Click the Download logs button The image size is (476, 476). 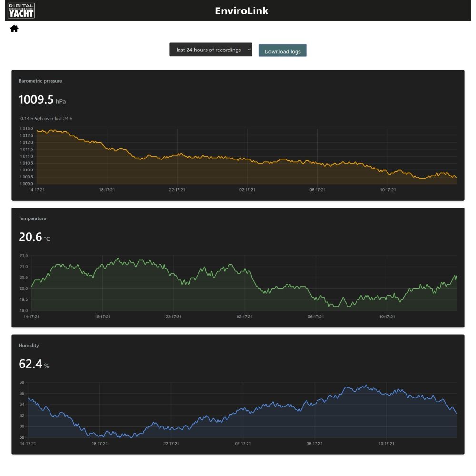pyautogui.click(x=282, y=50)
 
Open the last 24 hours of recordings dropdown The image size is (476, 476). pyautogui.click(x=211, y=50)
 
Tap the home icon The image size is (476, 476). pyautogui.click(x=14, y=29)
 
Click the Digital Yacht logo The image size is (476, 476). pyautogui.click(x=21, y=10)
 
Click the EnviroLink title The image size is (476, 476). pyautogui.click(x=241, y=11)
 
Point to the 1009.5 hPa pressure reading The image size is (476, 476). pyautogui.click(x=42, y=99)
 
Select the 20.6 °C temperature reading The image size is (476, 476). pyautogui.click(x=34, y=237)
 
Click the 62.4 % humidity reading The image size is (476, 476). pyautogui.click(x=34, y=364)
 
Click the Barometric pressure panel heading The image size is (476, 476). pyautogui.click(x=40, y=81)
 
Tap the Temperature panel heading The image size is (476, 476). pyautogui.click(x=32, y=218)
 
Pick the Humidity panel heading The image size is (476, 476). pyautogui.click(x=29, y=346)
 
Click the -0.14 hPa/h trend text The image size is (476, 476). pyautogui.click(x=46, y=119)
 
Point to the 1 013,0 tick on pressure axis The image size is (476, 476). pyautogui.click(x=26, y=129)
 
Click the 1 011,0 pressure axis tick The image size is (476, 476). pyautogui.click(x=26, y=156)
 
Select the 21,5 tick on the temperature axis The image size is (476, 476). pyautogui.click(x=24, y=256)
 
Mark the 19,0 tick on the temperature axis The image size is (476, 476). pyautogui.click(x=24, y=310)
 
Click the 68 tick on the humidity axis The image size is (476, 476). pyautogui.click(x=22, y=382)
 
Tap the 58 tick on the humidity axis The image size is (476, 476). pyautogui.click(x=22, y=437)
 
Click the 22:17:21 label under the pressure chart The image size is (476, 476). pyautogui.click(x=177, y=190)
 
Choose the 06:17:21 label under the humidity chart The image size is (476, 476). pyautogui.click(x=315, y=444)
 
